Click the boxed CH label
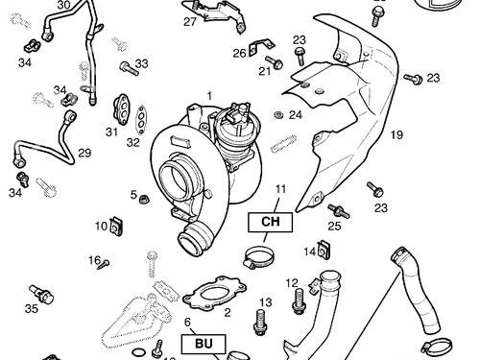[x=271, y=222]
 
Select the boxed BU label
[x=204, y=344]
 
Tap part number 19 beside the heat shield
[x=396, y=134]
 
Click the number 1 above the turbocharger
[x=209, y=96]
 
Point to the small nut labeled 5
[x=144, y=199]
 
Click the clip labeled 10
[x=115, y=227]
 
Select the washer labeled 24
[x=278, y=115]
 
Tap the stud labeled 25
[x=339, y=211]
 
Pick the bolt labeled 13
[x=260, y=322]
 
